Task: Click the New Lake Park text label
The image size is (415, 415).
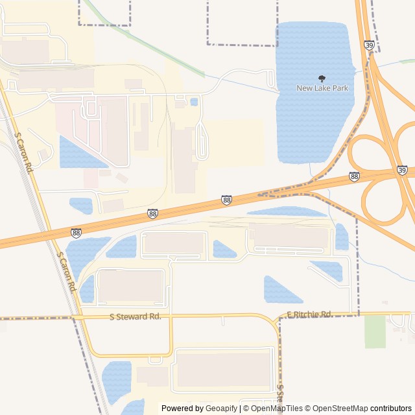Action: click(322, 88)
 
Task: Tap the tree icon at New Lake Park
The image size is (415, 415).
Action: click(322, 78)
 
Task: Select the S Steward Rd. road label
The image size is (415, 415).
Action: click(135, 316)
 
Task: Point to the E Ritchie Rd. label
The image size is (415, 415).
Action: click(309, 314)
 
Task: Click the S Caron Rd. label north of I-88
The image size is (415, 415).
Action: click(24, 153)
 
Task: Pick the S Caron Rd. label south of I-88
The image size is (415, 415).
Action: click(67, 272)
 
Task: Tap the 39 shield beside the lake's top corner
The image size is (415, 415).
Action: click(369, 45)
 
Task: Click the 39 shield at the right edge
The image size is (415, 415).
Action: click(403, 171)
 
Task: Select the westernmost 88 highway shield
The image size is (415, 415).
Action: click(77, 232)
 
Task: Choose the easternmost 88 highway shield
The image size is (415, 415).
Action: click(354, 176)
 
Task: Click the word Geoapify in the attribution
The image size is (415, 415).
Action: click(221, 409)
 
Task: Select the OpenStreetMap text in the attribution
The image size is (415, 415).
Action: click(338, 409)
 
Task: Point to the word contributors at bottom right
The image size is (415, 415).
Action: click(391, 409)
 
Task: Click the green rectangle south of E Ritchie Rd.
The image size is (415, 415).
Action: click(375, 331)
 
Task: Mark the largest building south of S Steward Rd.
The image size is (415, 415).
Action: click(224, 370)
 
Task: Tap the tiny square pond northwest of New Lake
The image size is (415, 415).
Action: click(195, 102)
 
